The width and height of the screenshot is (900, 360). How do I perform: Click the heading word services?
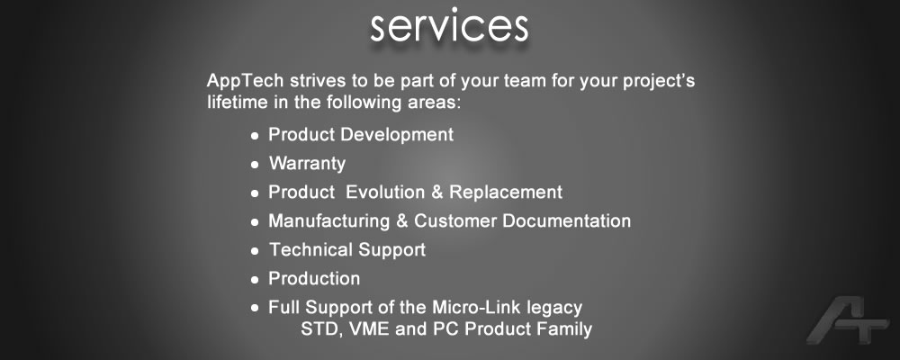[x=449, y=26]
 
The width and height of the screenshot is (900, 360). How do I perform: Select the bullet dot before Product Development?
[x=255, y=136]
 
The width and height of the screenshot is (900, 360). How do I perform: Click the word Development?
[x=397, y=136]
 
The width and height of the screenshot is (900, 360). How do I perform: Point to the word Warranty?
[x=307, y=164]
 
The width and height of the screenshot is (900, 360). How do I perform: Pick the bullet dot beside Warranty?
[x=255, y=165]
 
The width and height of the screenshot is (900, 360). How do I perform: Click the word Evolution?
[x=385, y=192]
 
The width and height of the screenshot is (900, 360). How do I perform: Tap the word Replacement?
[x=506, y=193]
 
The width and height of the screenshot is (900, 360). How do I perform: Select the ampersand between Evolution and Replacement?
[x=437, y=192]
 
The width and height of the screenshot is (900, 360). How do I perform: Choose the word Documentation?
[x=566, y=220]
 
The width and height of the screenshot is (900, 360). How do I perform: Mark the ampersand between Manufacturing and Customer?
[x=402, y=220]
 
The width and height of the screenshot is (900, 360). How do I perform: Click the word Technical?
[x=311, y=250]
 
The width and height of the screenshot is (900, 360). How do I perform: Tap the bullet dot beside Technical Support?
[x=255, y=251]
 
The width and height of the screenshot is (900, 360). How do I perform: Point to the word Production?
[x=314, y=278]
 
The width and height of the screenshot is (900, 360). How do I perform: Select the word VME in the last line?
[x=370, y=329]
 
